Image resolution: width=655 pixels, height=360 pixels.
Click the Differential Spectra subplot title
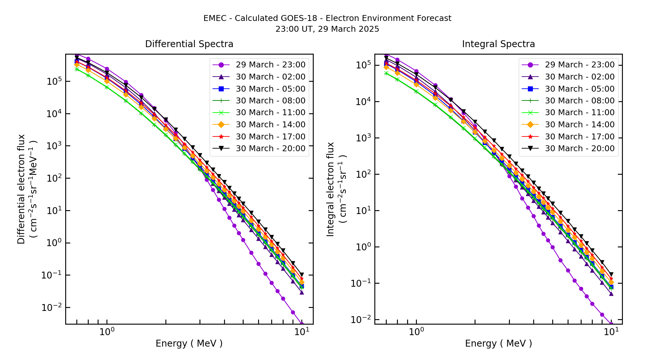[189, 44]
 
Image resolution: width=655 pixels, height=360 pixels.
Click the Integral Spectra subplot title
[498, 44]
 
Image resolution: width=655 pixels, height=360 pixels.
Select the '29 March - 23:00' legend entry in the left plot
[271, 65]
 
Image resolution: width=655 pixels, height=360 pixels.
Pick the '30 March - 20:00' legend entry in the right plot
[580, 149]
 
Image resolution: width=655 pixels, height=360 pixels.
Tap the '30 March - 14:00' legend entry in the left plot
[271, 125]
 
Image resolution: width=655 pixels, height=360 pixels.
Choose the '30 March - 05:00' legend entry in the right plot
[580, 89]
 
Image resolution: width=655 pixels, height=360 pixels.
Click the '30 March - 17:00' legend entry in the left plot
[271, 137]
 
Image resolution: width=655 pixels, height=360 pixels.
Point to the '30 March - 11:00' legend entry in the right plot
[580, 113]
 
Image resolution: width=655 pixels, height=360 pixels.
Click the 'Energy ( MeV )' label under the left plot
[189, 343]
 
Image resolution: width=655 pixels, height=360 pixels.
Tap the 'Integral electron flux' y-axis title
[330, 189]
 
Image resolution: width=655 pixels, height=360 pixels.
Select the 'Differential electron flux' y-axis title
[21, 189]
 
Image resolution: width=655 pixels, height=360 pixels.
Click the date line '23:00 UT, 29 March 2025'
[327, 29]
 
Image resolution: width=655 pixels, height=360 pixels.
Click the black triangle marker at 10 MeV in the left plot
[302, 275]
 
